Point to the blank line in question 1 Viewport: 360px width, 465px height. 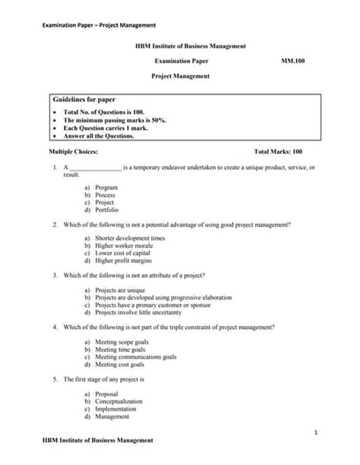[95, 167]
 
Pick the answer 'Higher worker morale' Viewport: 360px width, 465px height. [123, 245]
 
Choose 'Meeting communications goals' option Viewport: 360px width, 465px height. [136, 356]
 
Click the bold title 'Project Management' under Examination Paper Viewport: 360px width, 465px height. [180, 75]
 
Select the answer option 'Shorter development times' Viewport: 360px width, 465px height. [126, 238]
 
